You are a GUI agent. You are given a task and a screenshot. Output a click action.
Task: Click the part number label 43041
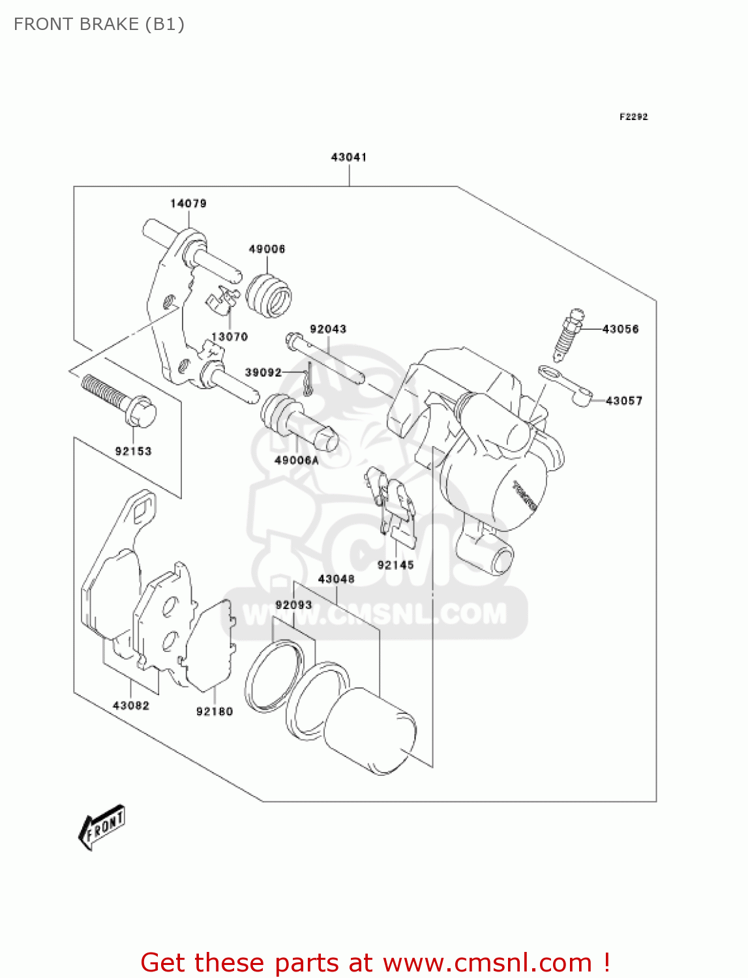[349, 157]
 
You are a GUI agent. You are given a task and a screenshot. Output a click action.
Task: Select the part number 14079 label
[188, 203]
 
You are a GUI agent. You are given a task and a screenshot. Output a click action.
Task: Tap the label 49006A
[297, 460]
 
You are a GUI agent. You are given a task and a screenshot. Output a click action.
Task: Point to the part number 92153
[133, 451]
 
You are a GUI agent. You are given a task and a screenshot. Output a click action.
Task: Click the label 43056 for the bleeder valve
[620, 329]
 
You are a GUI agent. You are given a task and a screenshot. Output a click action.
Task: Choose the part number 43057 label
[624, 401]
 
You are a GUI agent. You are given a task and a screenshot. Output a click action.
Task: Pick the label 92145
[395, 565]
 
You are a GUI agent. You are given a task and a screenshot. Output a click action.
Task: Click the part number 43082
[131, 705]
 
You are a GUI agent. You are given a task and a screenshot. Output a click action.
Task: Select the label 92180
[215, 711]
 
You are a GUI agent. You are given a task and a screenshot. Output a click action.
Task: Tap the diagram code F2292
[633, 117]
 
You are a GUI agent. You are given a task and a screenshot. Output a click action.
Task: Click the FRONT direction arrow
[102, 827]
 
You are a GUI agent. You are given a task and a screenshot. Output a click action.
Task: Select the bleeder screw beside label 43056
[568, 334]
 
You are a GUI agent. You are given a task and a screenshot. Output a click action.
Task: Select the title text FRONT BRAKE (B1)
[99, 24]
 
